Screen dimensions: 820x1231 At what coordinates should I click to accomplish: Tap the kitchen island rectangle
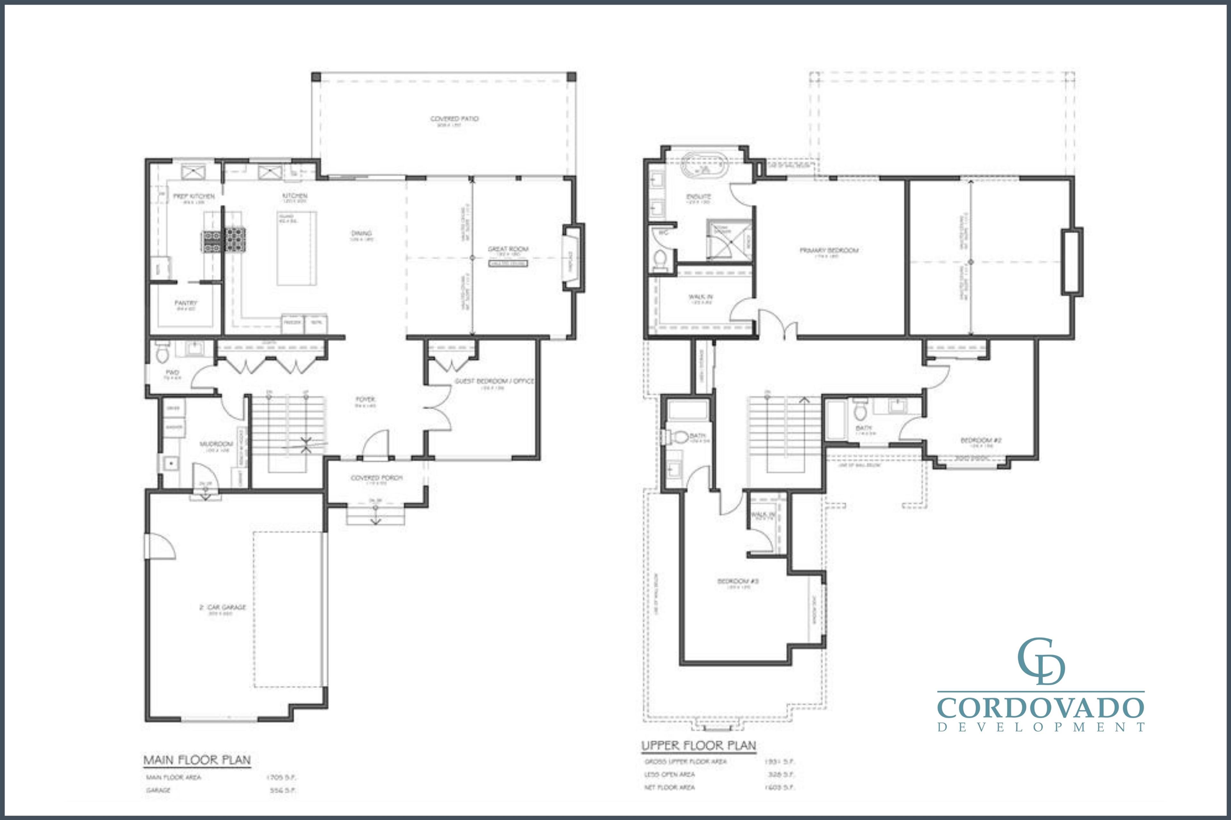click(296, 248)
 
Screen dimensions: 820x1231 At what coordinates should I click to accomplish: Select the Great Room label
click(508, 249)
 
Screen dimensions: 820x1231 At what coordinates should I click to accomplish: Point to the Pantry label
click(186, 303)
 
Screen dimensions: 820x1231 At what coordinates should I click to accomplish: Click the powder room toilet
click(162, 354)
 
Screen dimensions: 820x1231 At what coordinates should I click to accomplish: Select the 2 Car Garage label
click(222, 608)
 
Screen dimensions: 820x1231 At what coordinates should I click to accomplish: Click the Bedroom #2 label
click(980, 440)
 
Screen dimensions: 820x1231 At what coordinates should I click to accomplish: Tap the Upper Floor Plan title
click(698, 745)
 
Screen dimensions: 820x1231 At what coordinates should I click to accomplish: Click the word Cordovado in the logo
click(1041, 708)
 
